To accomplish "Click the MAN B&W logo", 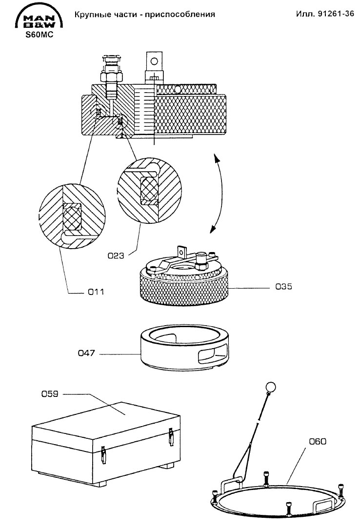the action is tap(39, 18).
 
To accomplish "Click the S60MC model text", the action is tap(40, 35).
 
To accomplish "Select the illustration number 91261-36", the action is tap(336, 14).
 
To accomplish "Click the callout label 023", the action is tap(116, 256).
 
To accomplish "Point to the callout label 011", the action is tap(96, 292).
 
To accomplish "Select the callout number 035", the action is tap(284, 287).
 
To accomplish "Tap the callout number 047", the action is tap(86, 353).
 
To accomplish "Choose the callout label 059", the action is tap(50, 394).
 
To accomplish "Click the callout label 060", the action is tap(318, 441).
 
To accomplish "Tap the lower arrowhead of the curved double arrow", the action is tap(213, 229).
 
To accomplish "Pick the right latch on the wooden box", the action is tap(171, 437).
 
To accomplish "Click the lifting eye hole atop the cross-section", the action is tap(154, 61).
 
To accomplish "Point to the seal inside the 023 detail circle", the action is tap(149, 190).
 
